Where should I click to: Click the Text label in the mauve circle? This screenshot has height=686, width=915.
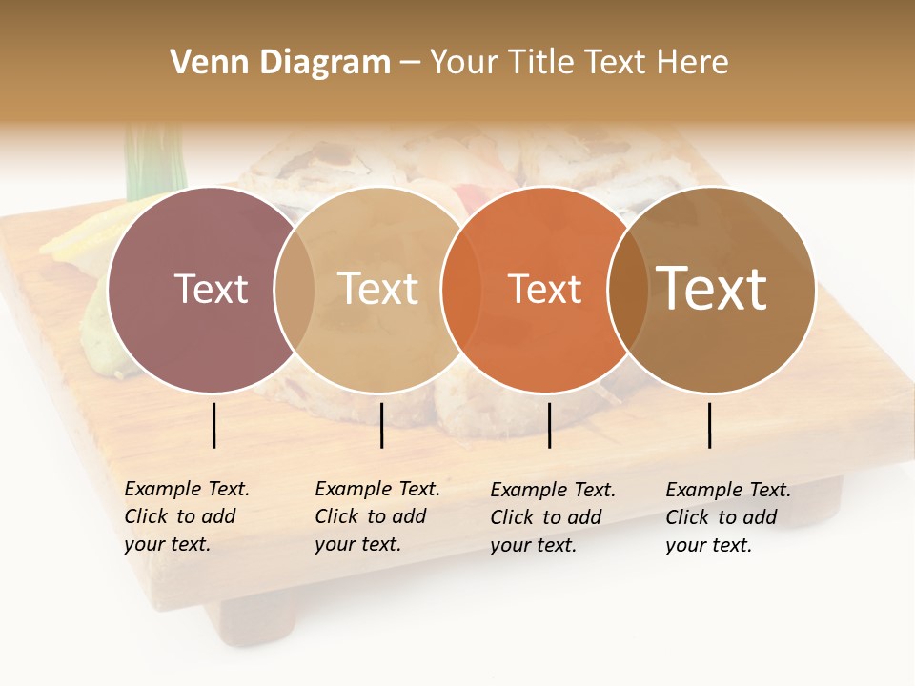click(x=211, y=289)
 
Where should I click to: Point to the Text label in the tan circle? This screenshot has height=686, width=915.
click(x=378, y=289)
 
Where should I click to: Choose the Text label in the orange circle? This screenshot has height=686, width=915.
click(x=545, y=289)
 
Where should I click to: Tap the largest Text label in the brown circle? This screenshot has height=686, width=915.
click(x=712, y=288)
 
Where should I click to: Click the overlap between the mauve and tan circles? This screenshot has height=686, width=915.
click(x=295, y=289)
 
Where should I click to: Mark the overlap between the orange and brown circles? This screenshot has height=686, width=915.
click(x=628, y=289)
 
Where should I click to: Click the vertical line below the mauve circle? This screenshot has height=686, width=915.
click(x=214, y=425)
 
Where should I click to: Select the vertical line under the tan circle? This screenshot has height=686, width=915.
click(x=381, y=425)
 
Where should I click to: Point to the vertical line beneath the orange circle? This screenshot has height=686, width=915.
click(x=549, y=425)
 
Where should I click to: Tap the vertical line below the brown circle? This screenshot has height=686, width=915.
click(x=710, y=425)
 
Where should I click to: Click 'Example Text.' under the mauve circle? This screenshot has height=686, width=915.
click(x=187, y=490)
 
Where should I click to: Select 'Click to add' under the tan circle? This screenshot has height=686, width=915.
click(x=370, y=517)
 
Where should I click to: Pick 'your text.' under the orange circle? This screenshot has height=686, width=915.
click(x=534, y=546)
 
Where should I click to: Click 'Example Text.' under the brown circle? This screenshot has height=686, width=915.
click(x=728, y=491)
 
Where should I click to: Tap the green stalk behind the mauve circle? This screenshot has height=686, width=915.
click(x=152, y=162)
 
